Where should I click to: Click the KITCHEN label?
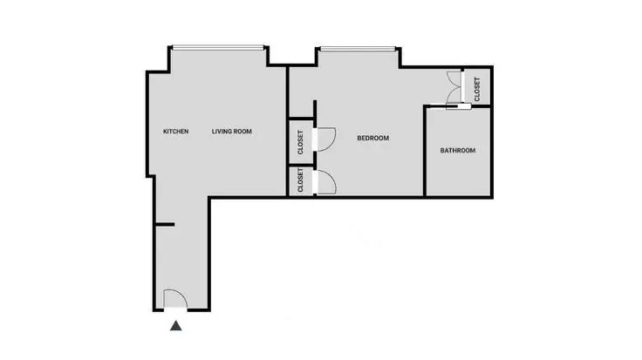[176, 132]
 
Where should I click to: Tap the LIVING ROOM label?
[232, 132]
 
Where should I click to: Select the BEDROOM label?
[373, 138]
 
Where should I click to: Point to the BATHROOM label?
[457, 151]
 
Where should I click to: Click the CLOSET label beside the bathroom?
[477, 87]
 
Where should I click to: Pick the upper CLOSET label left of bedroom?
[300, 142]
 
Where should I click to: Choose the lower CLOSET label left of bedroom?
[300, 181]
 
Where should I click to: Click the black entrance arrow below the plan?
[176, 327]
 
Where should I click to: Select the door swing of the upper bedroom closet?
[326, 137]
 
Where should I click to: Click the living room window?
[218, 47]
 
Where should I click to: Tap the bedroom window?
[359, 47]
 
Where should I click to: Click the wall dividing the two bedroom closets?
[300, 164]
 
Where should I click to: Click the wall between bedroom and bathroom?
[425, 153]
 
